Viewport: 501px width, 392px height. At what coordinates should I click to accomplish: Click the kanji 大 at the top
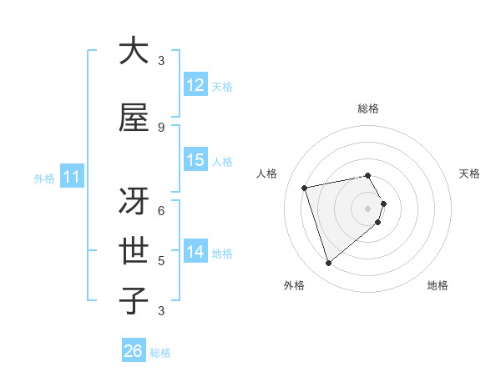(134, 51)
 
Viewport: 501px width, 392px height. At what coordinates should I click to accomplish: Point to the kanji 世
(134, 251)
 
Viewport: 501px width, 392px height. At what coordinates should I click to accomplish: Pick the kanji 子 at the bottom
(134, 301)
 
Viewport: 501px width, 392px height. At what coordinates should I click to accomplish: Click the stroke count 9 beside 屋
(161, 128)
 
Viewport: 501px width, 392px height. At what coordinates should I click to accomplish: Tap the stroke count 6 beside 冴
(161, 211)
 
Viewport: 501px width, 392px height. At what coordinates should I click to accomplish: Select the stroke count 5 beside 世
(161, 261)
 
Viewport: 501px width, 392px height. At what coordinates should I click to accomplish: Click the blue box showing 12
(195, 85)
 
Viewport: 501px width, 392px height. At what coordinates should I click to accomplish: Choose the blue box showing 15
(195, 160)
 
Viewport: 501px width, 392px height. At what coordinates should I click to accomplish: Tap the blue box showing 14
(195, 252)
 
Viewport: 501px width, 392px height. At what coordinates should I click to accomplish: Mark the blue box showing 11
(71, 177)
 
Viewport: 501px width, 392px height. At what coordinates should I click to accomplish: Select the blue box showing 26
(134, 352)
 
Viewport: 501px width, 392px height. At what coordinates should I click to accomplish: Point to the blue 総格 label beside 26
(161, 353)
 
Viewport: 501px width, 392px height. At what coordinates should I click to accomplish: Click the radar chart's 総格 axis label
(368, 108)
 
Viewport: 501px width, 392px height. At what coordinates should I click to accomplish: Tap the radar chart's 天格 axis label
(470, 173)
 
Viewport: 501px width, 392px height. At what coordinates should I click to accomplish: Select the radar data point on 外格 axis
(328, 264)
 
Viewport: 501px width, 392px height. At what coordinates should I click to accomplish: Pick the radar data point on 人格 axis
(305, 187)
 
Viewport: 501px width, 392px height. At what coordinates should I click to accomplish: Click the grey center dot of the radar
(368, 208)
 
